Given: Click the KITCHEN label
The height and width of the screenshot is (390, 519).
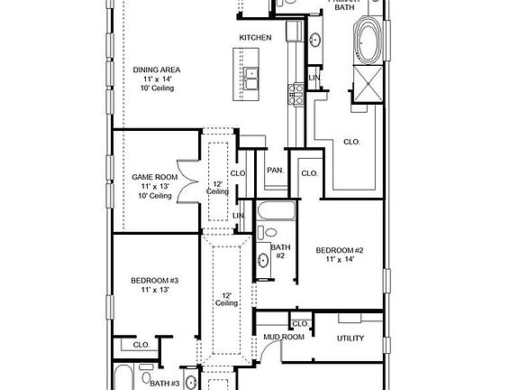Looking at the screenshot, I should [x=254, y=37].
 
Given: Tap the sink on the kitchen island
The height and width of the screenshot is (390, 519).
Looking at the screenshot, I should [x=250, y=76].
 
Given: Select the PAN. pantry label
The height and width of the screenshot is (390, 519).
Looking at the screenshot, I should [x=274, y=170].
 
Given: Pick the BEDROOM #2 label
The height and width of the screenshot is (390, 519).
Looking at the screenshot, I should [x=339, y=249].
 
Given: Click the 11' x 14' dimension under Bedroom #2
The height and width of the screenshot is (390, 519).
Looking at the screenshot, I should [x=339, y=259].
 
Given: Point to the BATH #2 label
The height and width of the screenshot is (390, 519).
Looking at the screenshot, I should [x=280, y=251].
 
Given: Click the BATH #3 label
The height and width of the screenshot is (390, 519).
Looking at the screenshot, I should [x=165, y=384].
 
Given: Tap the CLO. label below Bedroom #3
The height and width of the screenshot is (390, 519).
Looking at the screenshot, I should [x=141, y=344].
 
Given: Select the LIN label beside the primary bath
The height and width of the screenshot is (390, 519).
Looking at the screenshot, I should [x=314, y=78].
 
